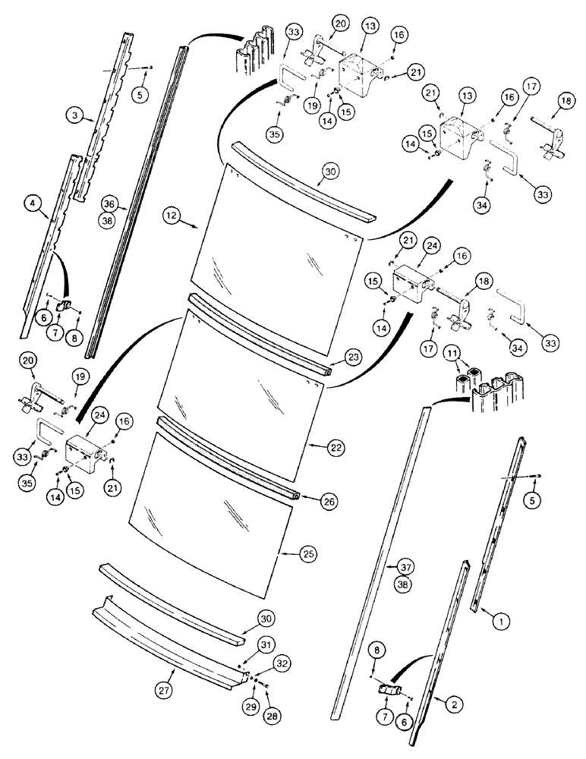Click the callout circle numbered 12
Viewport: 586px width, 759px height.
(x=171, y=216)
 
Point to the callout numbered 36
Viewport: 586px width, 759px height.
(x=109, y=204)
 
